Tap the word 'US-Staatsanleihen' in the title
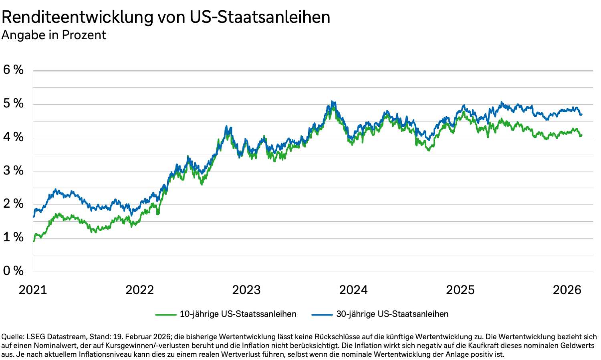[x=260, y=17]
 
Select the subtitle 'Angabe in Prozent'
[x=54, y=35]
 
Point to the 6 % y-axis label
[x=13, y=70]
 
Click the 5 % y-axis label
[x=13, y=103]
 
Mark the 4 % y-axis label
[x=13, y=137]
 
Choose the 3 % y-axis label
[x=13, y=170]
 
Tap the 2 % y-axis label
[x=13, y=204]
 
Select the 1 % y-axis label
[x=13, y=237]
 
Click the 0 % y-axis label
[x=13, y=271]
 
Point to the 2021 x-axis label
[x=33, y=290]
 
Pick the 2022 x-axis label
[x=139, y=290]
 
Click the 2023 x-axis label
[x=246, y=290]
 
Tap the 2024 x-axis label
[x=353, y=290]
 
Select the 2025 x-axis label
[x=460, y=290]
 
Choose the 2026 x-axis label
[x=567, y=290]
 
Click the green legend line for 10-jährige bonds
[x=166, y=315]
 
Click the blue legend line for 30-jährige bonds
[x=322, y=315]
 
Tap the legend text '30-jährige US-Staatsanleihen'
[x=392, y=314]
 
